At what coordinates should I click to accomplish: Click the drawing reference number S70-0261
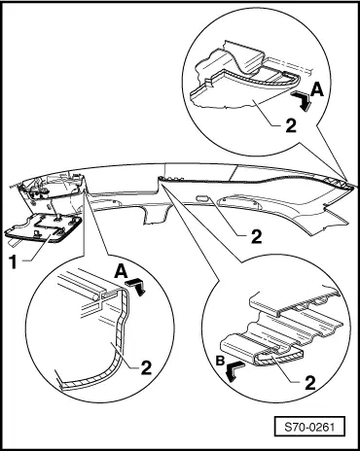(309, 427)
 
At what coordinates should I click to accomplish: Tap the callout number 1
(13, 261)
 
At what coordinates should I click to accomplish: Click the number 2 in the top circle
(291, 125)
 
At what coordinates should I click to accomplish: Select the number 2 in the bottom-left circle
(146, 367)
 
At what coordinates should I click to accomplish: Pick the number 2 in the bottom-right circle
(310, 383)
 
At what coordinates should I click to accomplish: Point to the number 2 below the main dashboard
(256, 237)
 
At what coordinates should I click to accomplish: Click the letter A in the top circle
(317, 89)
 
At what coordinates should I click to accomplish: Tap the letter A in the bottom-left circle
(121, 271)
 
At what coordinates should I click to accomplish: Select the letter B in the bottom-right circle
(221, 361)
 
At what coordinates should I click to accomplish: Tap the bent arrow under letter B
(234, 370)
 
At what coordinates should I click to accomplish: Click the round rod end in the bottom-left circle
(97, 295)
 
